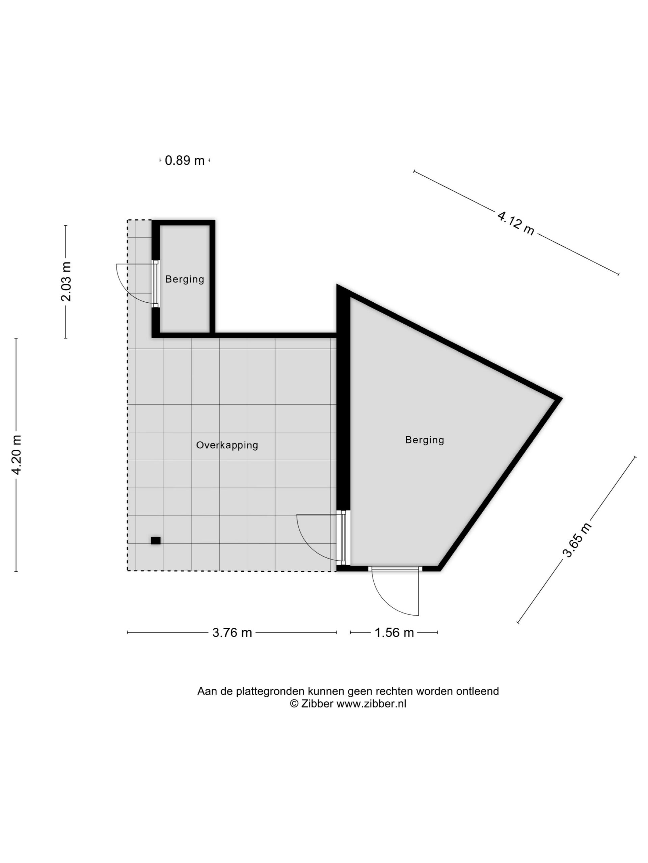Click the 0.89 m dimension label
click(x=184, y=160)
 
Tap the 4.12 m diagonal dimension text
click(x=516, y=223)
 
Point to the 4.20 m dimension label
click(x=17, y=454)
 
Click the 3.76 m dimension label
click(x=232, y=632)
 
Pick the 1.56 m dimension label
click(x=394, y=632)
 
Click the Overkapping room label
click(x=227, y=445)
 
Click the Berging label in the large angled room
click(x=425, y=440)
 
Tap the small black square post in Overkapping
click(x=156, y=541)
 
